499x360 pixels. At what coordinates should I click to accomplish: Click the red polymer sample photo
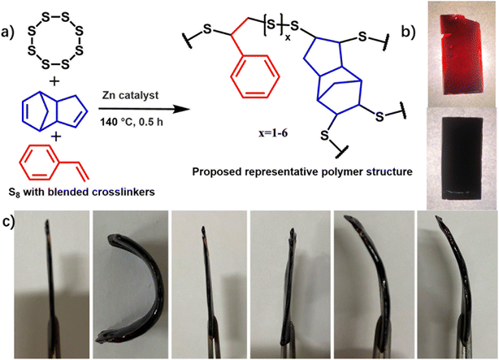(458, 50)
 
